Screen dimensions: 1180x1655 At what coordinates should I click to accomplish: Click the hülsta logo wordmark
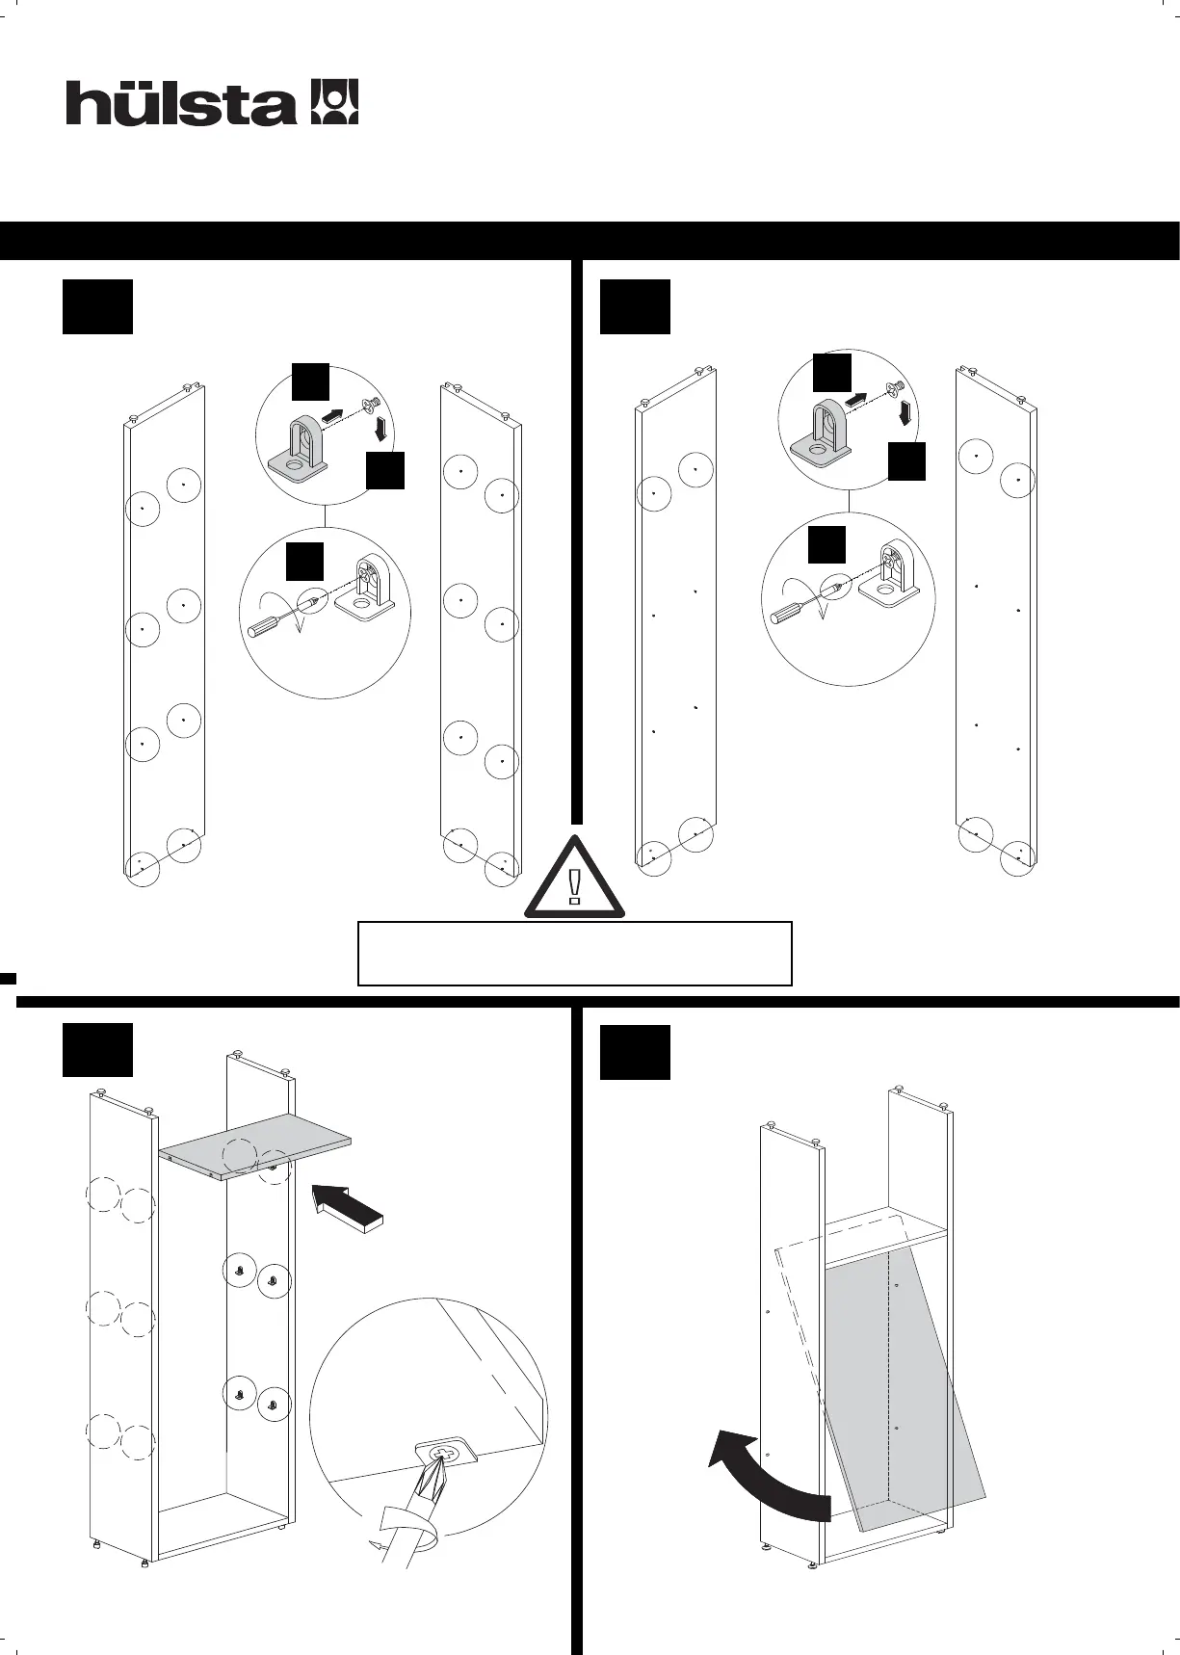pos(180,103)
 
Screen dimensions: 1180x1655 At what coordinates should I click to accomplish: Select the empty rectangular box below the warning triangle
pos(574,953)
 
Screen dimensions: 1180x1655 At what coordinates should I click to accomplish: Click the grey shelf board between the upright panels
pos(255,1143)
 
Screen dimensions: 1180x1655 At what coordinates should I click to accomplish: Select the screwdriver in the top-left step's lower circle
pos(275,617)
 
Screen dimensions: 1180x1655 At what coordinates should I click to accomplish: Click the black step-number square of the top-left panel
pos(97,307)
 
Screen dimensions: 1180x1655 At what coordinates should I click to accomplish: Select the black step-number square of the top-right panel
pos(635,307)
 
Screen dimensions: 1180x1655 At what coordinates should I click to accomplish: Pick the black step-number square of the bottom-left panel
pos(97,1051)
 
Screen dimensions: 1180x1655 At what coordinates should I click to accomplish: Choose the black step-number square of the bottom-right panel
pos(635,1053)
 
